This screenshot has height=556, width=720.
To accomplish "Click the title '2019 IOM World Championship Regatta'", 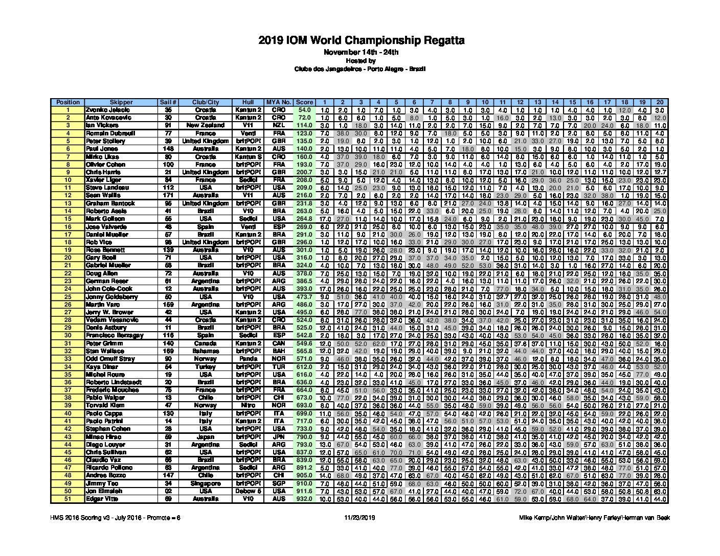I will click(x=361, y=40).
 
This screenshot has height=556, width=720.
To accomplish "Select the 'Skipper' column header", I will click(x=121, y=102).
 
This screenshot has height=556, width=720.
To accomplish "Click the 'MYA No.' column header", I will click(x=279, y=102).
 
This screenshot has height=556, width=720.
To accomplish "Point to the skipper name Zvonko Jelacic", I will click(x=108, y=110).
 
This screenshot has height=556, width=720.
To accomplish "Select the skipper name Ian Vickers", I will click(x=102, y=125).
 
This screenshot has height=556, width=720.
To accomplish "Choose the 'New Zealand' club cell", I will click(x=206, y=125).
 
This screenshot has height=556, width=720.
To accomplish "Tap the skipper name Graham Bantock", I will click(x=110, y=203).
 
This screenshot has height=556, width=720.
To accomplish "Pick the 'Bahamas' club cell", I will click(x=206, y=351).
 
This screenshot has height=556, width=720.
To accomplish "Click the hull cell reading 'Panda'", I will click(x=248, y=359).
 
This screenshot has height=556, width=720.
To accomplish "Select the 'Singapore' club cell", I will click(x=206, y=483).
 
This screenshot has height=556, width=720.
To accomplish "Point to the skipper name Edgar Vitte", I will click(x=102, y=499).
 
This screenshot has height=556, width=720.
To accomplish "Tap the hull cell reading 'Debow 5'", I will click(x=248, y=491).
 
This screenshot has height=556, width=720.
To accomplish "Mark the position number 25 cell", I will click(x=68, y=296).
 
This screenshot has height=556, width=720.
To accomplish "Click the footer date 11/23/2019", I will click(x=361, y=518).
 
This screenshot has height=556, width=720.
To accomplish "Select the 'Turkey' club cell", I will click(x=206, y=367).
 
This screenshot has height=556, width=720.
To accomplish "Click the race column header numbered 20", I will click(x=660, y=102).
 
